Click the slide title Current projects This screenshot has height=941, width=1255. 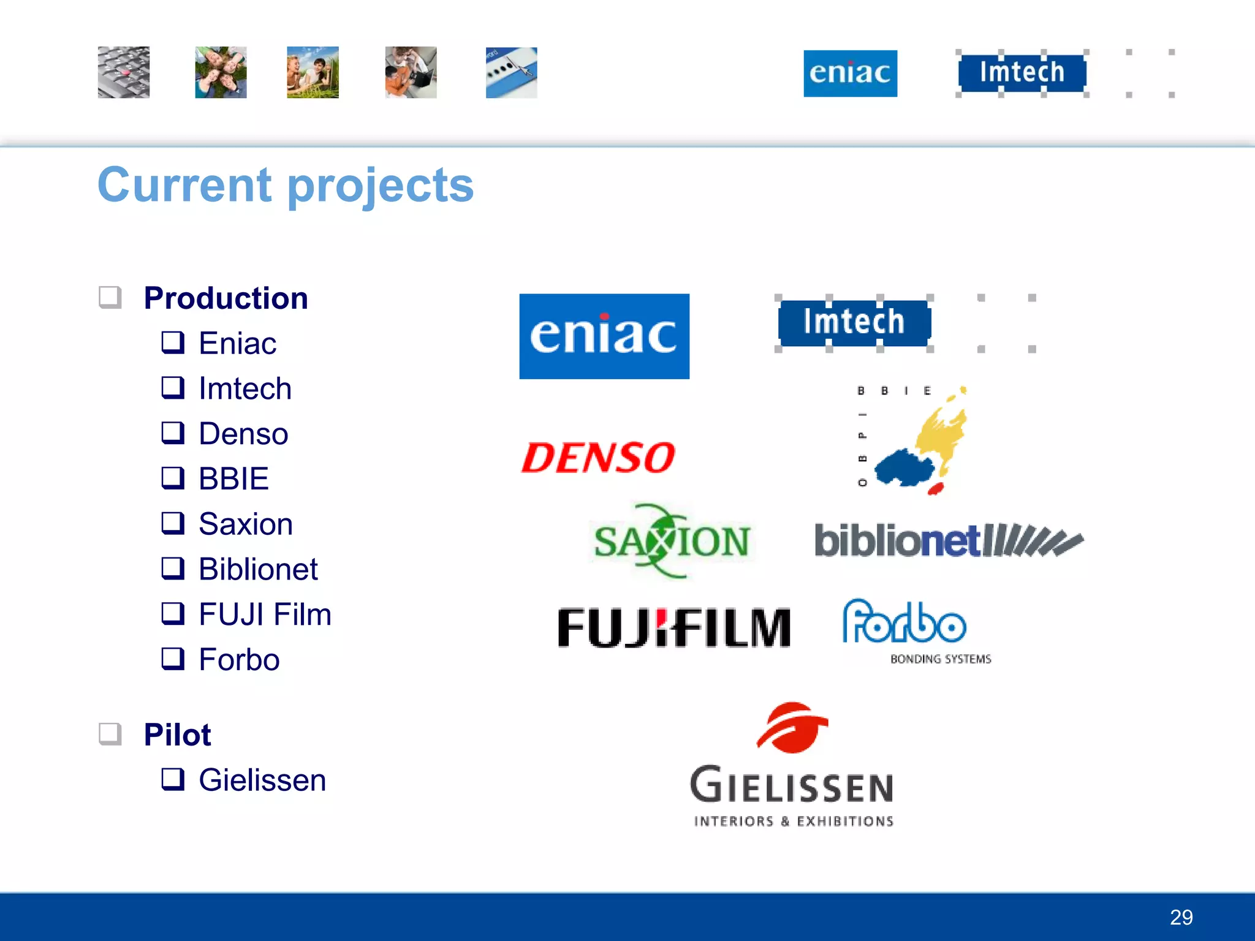click(x=286, y=185)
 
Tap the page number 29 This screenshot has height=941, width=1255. click(x=1181, y=917)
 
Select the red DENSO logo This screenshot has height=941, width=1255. click(x=598, y=458)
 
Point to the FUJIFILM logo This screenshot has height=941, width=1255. click(x=674, y=627)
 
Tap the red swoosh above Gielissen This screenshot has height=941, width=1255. click(x=792, y=727)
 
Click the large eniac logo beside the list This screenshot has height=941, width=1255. click(x=604, y=336)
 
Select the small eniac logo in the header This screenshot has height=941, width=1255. click(x=850, y=74)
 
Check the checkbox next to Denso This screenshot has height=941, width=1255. click(x=173, y=433)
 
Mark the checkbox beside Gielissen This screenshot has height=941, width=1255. click(x=173, y=779)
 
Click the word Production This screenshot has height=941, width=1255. click(x=226, y=298)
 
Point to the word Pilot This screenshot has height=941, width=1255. click(x=177, y=735)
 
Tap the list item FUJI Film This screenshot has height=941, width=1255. click(x=265, y=614)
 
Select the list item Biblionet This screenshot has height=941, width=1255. click(x=258, y=569)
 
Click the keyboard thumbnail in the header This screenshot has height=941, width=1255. click(x=124, y=72)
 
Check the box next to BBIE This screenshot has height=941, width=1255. click(x=173, y=478)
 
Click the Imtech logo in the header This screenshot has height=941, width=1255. click(x=1022, y=72)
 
